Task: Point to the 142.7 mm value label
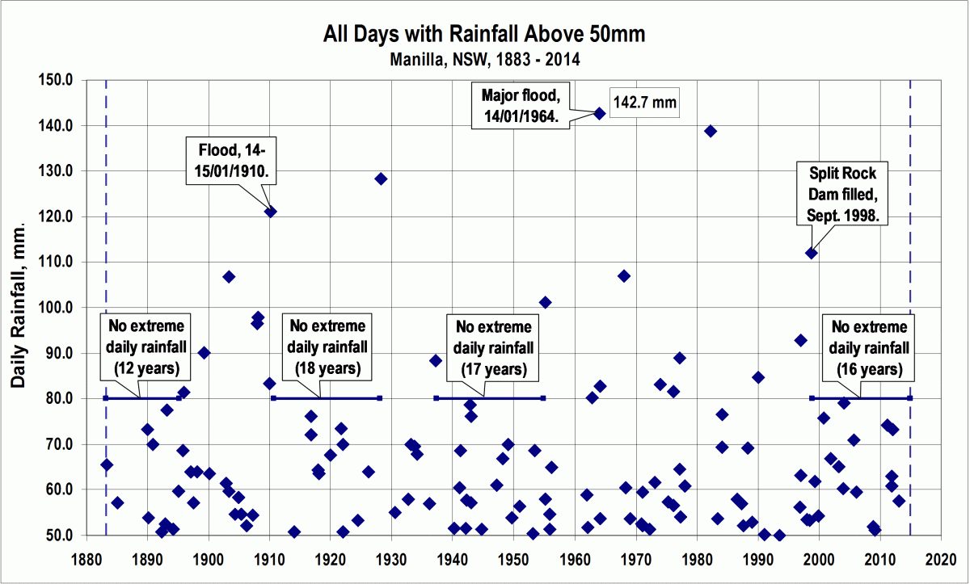[643, 103]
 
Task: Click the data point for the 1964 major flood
[600, 113]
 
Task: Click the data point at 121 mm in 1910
[271, 212]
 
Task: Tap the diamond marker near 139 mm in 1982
[711, 131]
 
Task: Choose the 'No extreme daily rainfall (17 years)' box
[494, 348]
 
